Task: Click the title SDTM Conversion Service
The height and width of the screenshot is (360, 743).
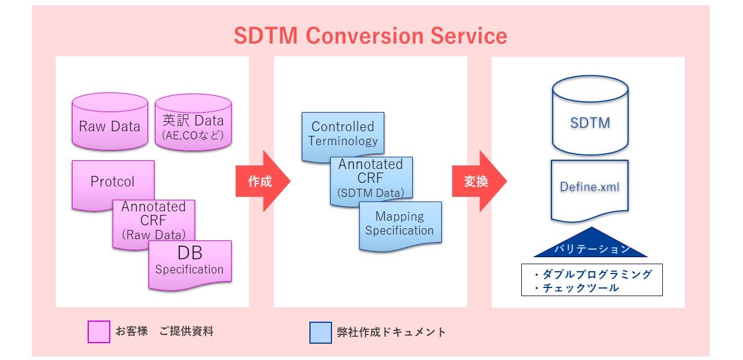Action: (x=370, y=36)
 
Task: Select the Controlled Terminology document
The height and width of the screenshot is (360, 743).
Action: (x=342, y=134)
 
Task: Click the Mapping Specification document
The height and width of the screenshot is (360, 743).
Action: (x=400, y=223)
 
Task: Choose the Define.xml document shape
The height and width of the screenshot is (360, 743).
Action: (x=590, y=188)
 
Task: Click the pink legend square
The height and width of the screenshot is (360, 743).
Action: (x=99, y=332)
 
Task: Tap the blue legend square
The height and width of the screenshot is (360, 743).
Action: (x=320, y=333)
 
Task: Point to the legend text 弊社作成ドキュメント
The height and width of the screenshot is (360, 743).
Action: (x=391, y=332)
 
